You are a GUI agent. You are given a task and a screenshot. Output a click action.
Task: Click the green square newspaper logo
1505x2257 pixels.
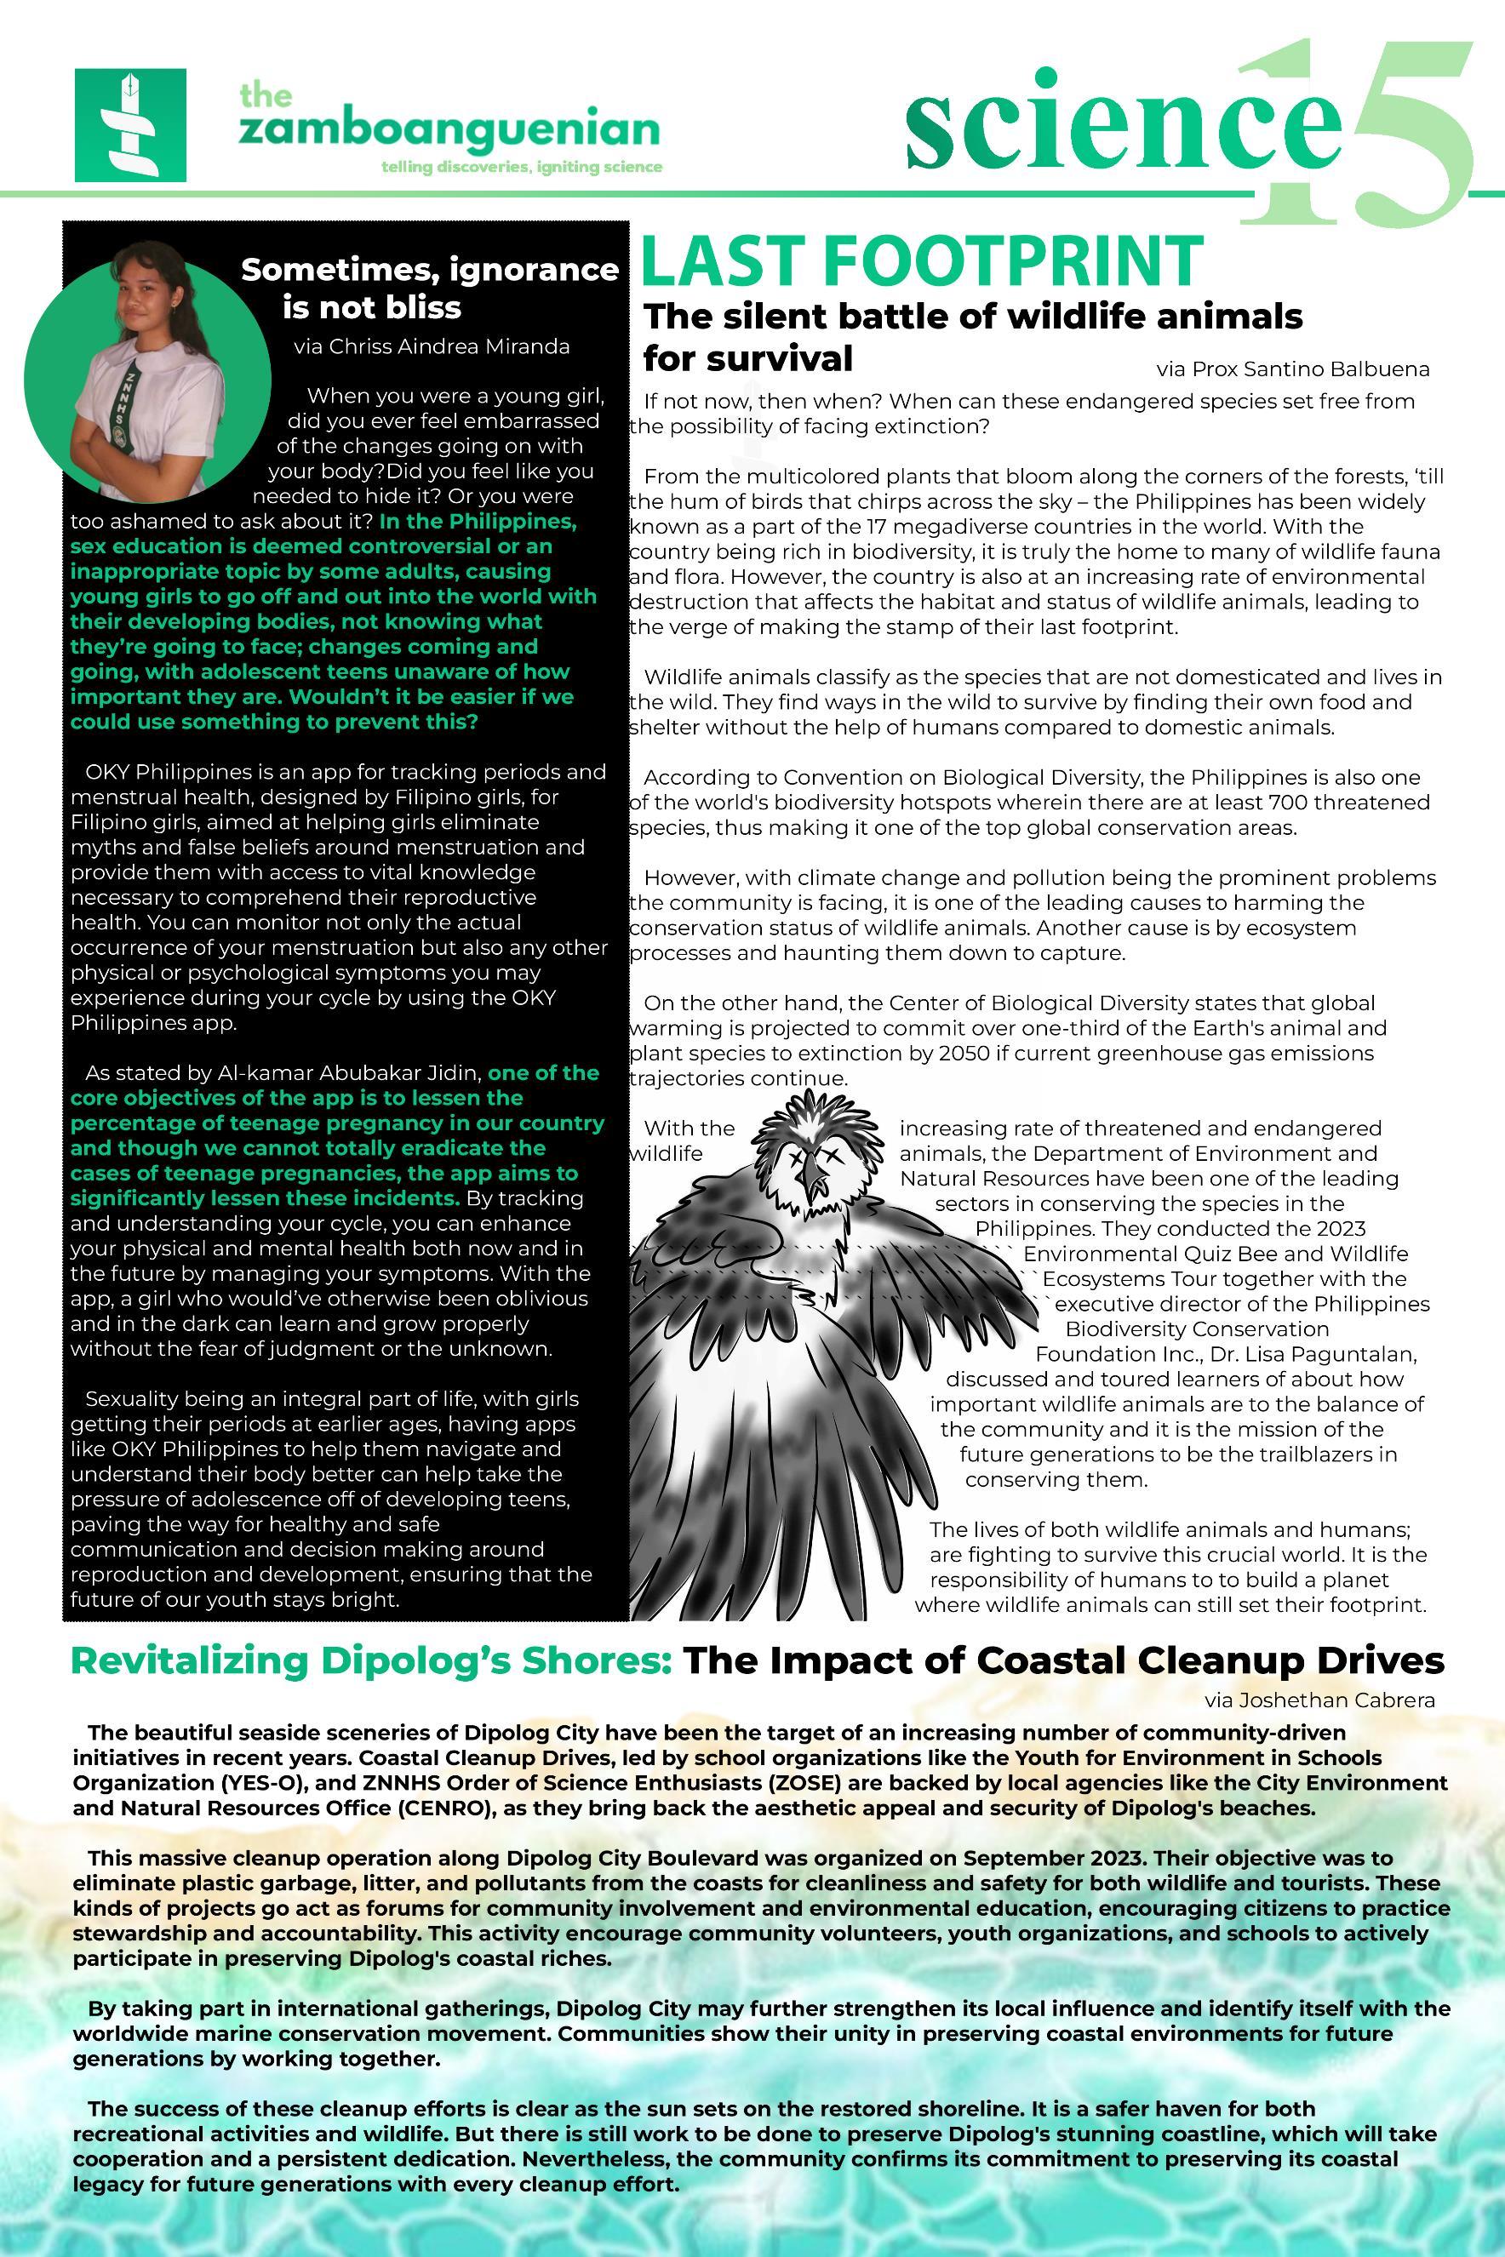pyautogui.click(x=129, y=125)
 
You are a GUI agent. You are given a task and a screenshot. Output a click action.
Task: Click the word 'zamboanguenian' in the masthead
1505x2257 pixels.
pyautogui.click(x=449, y=130)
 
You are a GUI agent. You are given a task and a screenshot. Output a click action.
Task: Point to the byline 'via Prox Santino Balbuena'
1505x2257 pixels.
pyautogui.click(x=1293, y=369)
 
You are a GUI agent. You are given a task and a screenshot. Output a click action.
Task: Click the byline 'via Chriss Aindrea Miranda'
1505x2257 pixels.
pyautogui.click(x=432, y=346)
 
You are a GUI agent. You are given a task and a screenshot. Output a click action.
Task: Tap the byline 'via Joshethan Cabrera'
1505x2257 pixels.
pyautogui.click(x=1319, y=1700)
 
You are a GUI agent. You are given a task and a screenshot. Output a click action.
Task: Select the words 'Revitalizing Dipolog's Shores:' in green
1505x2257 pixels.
pyautogui.click(x=370, y=1660)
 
